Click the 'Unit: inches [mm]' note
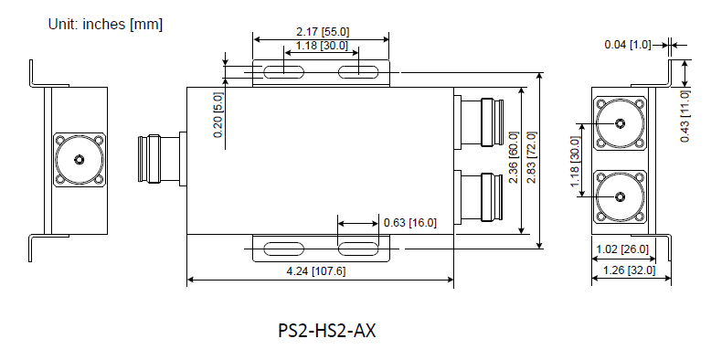tap(105, 25)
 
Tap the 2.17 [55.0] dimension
tap(322, 32)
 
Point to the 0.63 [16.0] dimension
tap(410, 222)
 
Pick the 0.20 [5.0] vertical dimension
tap(218, 114)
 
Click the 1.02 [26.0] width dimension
tap(621, 249)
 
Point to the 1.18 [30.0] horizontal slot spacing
tap(322, 45)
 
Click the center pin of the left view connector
tap(79, 161)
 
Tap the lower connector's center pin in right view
tap(620, 196)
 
